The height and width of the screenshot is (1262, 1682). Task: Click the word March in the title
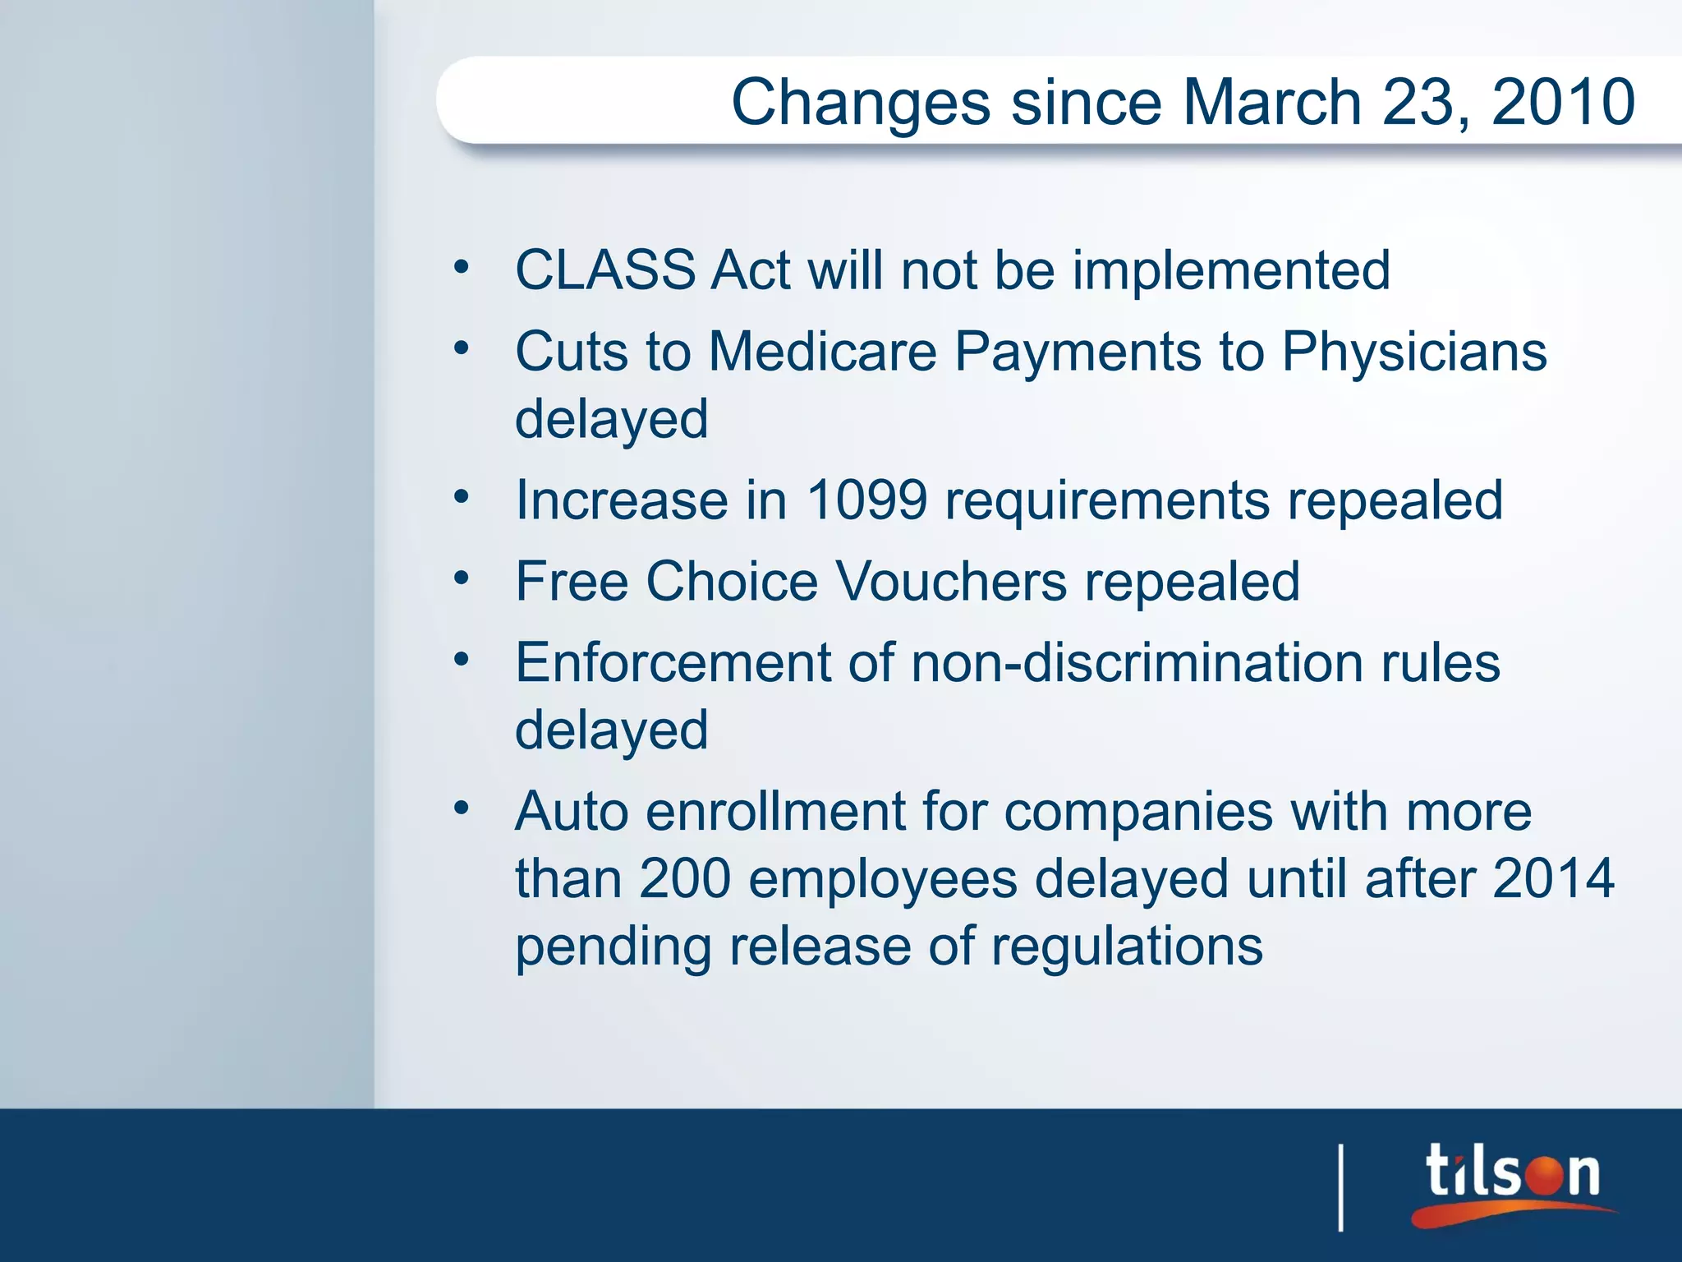coord(1272,103)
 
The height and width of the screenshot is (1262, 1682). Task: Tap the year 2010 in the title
coord(1563,103)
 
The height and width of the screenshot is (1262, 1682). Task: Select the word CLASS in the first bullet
coord(605,270)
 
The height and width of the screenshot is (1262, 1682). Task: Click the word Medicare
coord(822,352)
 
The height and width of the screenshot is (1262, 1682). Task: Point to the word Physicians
coord(1413,352)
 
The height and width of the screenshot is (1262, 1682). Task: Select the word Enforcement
coord(673,663)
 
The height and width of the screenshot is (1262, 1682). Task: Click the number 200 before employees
coord(685,878)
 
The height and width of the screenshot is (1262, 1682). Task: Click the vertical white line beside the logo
coord(1341,1187)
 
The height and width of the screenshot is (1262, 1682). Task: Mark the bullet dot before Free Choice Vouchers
coord(462,578)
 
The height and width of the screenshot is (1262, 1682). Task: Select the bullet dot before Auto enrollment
coord(462,808)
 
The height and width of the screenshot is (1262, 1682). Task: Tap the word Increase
coord(622,500)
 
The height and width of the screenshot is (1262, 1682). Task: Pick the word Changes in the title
coord(861,103)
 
